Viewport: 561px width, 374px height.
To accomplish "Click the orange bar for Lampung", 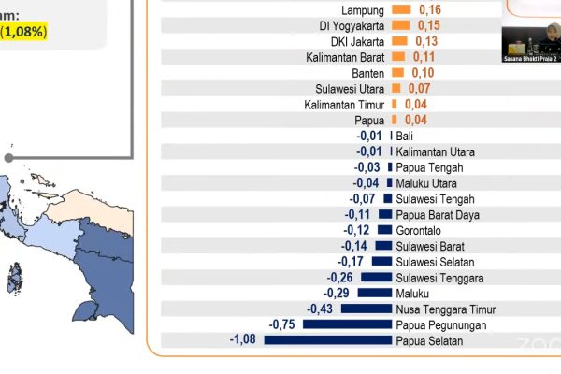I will pyautogui.click(x=401, y=9).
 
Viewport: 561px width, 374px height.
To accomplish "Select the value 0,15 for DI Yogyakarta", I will pyautogui.click(x=429, y=25).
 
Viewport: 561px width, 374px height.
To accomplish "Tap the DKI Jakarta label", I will pyautogui.click(x=358, y=41).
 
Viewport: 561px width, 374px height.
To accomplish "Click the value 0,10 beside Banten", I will pyautogui.click(x=422, y=73).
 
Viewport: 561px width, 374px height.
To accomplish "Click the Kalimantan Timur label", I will pyautogui.click(x=344, y=105).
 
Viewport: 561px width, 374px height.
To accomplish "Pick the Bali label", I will pyautogui.click(x=405, y=137).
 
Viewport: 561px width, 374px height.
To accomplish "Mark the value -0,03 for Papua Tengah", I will pyautogui.click(x=367, y=168).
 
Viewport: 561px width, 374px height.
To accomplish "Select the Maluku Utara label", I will pyautogui.click(x=428, y=183).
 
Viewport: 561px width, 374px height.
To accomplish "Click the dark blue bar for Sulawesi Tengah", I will pyautogui.click(x=387, y=199).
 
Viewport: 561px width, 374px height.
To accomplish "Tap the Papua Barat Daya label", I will pyautogui.click(x=438, y=215).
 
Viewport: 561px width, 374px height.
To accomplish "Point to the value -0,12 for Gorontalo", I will pyautogui.click(x=356, y=231).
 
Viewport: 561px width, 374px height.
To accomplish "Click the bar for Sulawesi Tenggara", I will pyautogui.click(x=376, y=278).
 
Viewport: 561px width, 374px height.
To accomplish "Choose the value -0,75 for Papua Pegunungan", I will pyautogui.click(x=282, y=324).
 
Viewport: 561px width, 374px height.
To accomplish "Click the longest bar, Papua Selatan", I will pyautogui.click(x=327, y=340).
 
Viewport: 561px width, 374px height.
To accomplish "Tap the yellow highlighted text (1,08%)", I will pyautogui.click(x=22, y=32).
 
